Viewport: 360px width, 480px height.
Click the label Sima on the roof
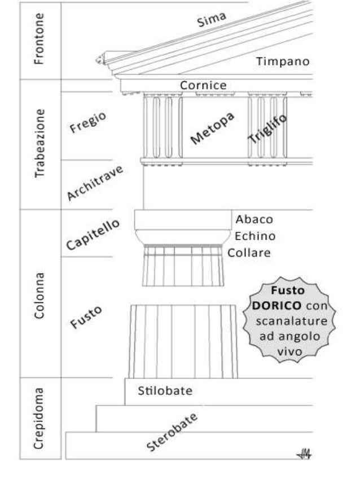pyautogui.click(x=212, y=20)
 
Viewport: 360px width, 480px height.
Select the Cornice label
pyautogui.click(x=203, y=86)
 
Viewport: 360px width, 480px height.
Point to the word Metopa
pyautogui.click(x=212, y=129)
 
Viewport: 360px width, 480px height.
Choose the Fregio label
pyautogui.click(x=88, y=123)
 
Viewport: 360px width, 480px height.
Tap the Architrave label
pyautogui.click(x=95, y=183)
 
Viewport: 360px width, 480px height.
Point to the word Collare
pyautogui.click(x=249, y=253)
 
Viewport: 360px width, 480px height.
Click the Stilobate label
pyautogui.click(x=165, y=391)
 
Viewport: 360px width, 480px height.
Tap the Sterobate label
pyautogui.click(x=173, y=432)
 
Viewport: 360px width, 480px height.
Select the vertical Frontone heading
pyautogui.click(x=39, y=41)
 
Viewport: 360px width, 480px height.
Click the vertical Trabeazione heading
pyautogui.click(x=39, y=144)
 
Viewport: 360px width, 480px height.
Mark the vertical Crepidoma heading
pyautogui.click(x=39, y=418)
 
